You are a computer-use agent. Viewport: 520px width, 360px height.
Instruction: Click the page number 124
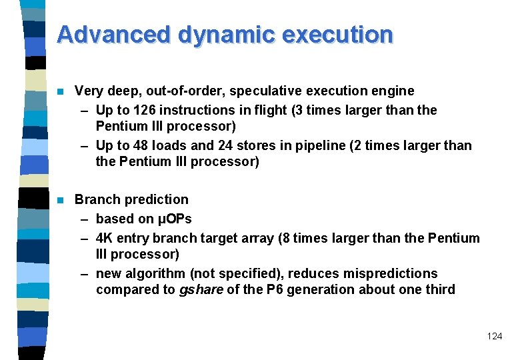[x=495, y=336]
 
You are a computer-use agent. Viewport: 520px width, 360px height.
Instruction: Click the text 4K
[x=105, y=238]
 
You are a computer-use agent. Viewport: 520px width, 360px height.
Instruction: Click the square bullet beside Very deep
[x=60, y=91]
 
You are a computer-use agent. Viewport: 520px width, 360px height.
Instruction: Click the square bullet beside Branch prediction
[x=60, y=200]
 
